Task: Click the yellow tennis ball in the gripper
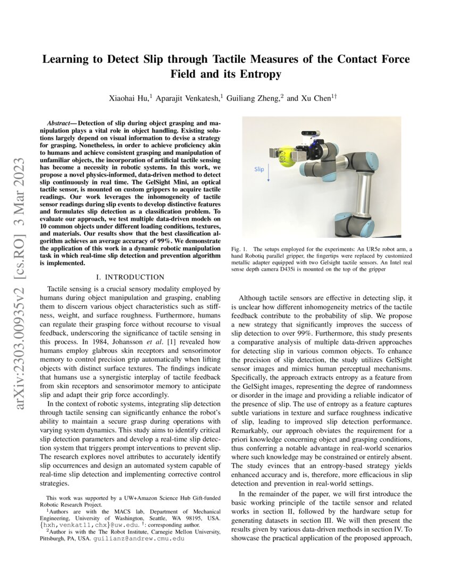(x=287, y=157)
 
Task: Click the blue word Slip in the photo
(x=259, y=169)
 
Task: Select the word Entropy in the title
(x=260, y=74)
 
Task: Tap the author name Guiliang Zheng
(x=255, y=98)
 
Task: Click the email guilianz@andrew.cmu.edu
(x=139, y=538)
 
